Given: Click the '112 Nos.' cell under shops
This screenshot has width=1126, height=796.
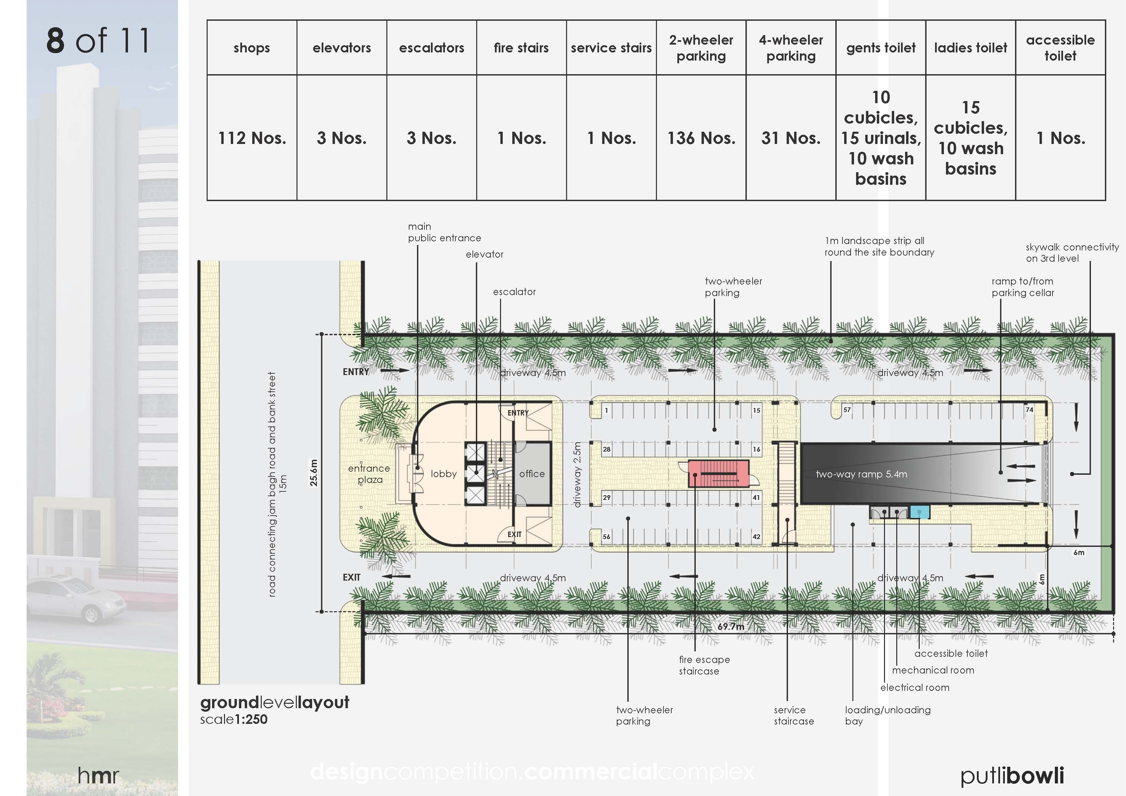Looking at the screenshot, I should click(252, 138).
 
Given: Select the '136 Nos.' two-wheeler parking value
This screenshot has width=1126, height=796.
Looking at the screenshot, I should click(701, 138).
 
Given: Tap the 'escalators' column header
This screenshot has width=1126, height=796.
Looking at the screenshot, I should click(431, 48).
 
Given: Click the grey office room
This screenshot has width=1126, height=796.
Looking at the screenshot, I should click(532, 473).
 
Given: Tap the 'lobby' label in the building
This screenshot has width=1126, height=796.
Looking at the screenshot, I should click(443, 474).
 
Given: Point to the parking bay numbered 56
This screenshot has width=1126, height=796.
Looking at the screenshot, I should click(607, 537).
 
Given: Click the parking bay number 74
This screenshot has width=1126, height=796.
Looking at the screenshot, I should click(1029, 409).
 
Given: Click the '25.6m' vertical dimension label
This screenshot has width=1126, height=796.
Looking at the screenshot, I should click(314, 472).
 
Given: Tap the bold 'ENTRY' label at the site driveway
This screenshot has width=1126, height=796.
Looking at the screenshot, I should click(356, 372).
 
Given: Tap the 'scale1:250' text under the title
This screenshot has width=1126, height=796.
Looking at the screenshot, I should click(234, 719).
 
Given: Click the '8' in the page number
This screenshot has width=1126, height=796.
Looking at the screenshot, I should click(55, 41).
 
